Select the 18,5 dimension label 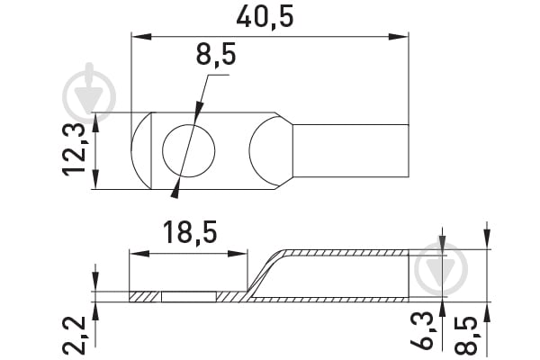click(x=190, y=233)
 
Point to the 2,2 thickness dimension click(x=74, y=336)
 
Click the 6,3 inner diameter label click(x=421, y=329)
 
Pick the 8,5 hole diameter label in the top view click(x=216, y=54)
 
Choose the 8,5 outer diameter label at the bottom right click(x=466, y=336)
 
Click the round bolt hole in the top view click(x=189, y=151)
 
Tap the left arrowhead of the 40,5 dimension click(x=141, y=37)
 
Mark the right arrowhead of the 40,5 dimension click(x=399, y=37)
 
